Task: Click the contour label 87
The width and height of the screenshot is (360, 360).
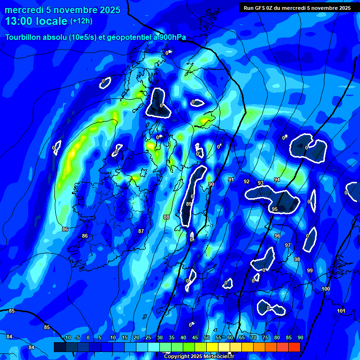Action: point(141,231)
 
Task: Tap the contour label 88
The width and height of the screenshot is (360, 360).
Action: point(166,217)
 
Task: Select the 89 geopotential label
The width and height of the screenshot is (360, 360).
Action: point(188,204)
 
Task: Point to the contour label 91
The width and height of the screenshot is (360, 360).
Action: point(231,180)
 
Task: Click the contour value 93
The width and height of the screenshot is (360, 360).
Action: point(261,183)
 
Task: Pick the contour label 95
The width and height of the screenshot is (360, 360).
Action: point(275,209)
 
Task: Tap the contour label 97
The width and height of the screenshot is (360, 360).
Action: point(288,245)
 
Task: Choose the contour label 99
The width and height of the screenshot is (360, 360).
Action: point(310,270)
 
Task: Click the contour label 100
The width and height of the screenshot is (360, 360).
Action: point(326,289)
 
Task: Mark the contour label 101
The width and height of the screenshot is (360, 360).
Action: point(341,311)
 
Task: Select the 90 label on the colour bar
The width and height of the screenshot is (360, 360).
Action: point(300,338)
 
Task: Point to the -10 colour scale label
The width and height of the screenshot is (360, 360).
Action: point(67,338)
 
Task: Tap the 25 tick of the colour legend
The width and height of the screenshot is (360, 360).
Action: point(148,338)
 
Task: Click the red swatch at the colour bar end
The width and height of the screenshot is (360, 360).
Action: point(294,347)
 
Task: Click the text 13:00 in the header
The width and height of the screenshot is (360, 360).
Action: point(21,21)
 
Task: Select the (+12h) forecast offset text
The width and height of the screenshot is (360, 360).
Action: point(81,21)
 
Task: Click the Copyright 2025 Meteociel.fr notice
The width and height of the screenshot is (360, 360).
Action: point(199,356)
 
